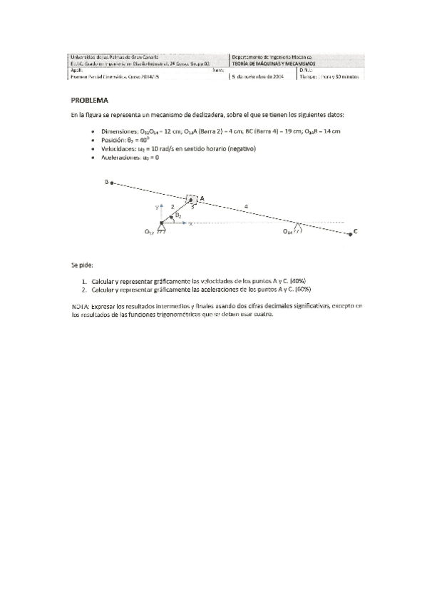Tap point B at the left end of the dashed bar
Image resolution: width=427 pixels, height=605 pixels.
[108, 183]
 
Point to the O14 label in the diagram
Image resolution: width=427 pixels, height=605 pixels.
[288, 232]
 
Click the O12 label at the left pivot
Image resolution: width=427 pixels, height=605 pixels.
[150, 231]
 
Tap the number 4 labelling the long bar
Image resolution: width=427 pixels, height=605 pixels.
[247, 206]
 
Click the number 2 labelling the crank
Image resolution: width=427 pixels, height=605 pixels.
[172, 206]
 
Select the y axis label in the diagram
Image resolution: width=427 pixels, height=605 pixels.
[157, 206]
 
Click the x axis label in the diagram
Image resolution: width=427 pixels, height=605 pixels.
[190, 223]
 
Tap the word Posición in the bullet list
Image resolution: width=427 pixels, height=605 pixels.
[114, 141]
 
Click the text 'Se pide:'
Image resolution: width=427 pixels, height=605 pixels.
[81, 264]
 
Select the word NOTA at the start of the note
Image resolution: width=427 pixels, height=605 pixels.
[80, 305]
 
